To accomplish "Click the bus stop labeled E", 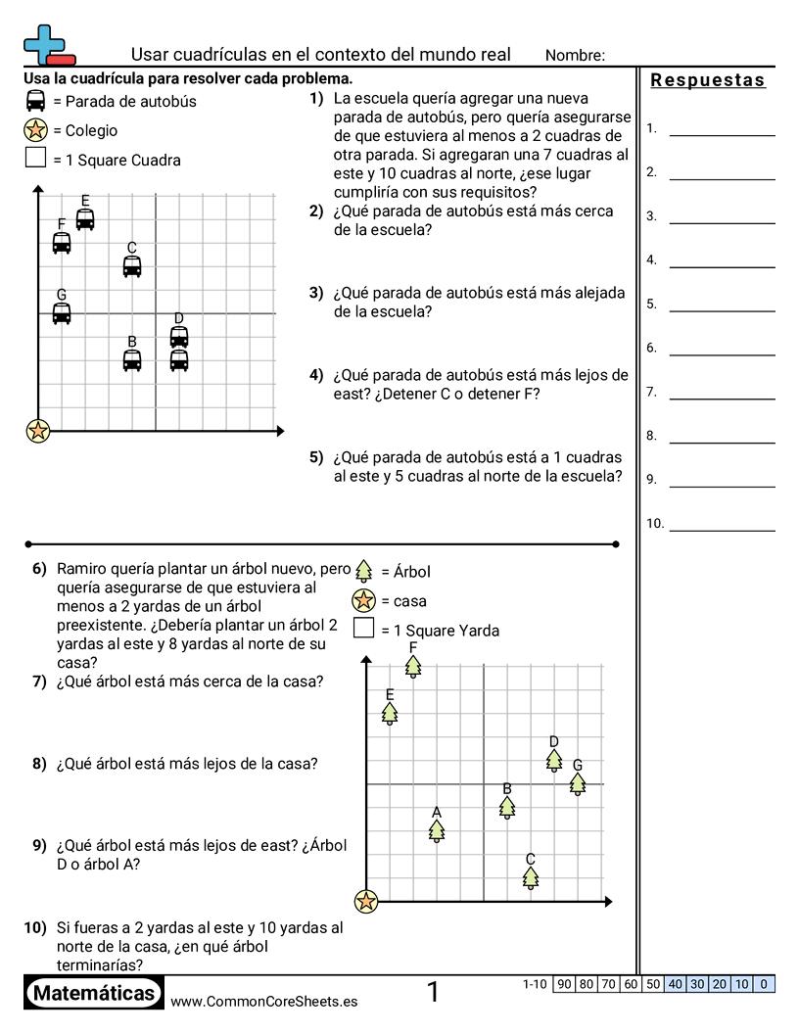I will click(85, 219).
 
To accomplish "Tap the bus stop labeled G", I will click(62, 313).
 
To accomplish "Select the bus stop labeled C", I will click(132, 266).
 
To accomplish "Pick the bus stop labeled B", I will click(132, 360).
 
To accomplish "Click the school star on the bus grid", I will click(38, 430).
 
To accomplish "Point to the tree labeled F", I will click(413, 666).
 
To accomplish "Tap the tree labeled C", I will click(531, 877).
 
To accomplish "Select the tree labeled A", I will click(437, 830).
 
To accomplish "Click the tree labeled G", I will click(578, 783).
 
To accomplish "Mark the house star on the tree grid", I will click(366, 901).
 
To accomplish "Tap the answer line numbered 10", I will click(722, 529).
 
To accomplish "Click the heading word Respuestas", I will click(708, 80).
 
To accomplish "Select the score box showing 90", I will click(563, 984).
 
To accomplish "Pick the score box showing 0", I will click(764, 984).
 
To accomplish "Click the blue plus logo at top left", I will click(45, 44).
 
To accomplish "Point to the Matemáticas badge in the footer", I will click(94, 993).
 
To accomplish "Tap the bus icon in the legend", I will click(36, 101).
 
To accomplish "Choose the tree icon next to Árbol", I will click(363, 571).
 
